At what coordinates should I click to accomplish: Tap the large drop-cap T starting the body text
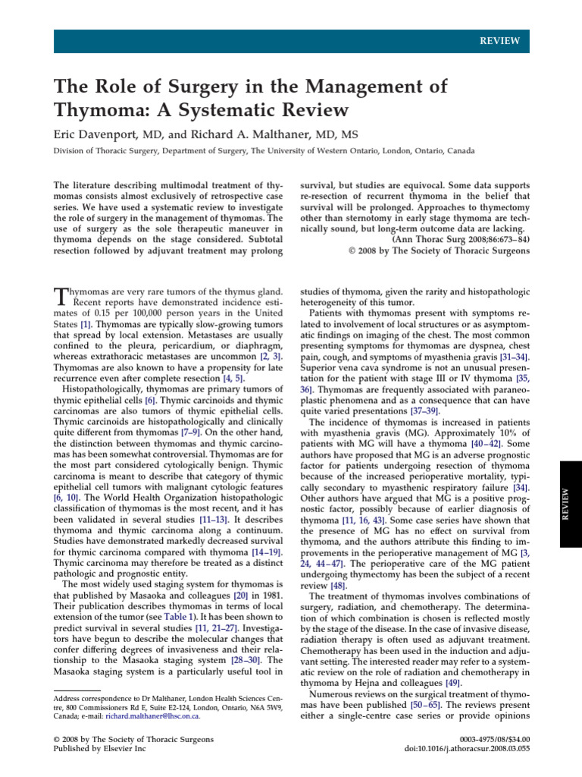(x=61, y=297)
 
